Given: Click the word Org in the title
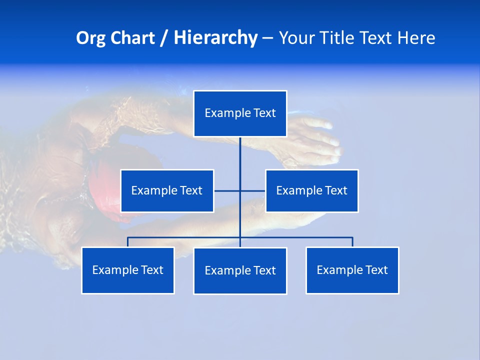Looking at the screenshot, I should pyautogui.click(x=90, y=38).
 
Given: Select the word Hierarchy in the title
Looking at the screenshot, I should pyautogui.click(x=215, y=38).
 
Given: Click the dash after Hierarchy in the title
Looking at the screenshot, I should pyautogui.click(x=267, y=38).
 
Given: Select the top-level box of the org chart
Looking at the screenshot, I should pyautogui.click(x=240, y=113).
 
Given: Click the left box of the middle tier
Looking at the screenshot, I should pyautogui.click(x=167, y=191).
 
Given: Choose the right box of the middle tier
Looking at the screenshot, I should pyautogui.click(x=311, y=191).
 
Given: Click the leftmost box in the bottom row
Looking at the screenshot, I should pyautogui.click(x=128, y=270).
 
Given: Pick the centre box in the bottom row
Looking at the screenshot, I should pyautogui.click(x=240, y=271).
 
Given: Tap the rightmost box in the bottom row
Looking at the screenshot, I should pyautogui.click(x=352, y=270).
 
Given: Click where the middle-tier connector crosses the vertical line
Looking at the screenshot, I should pyautogui.click(x=240, y=191).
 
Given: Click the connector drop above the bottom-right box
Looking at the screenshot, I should pyautogui.click(x=352, y=242).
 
